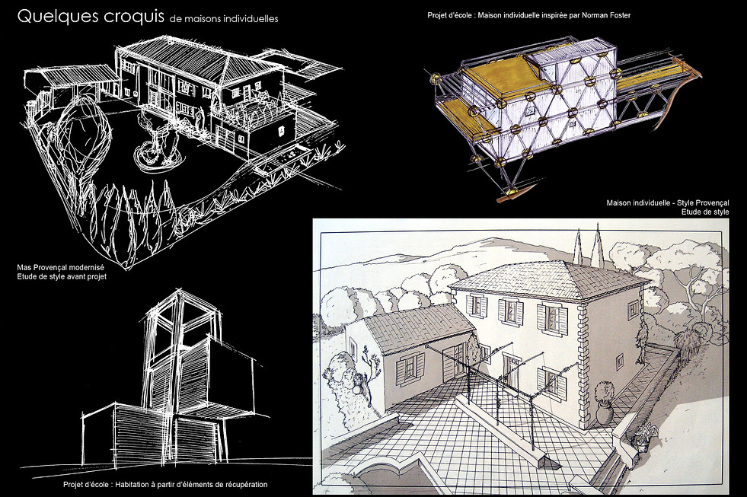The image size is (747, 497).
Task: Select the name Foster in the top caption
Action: tap(618, 15)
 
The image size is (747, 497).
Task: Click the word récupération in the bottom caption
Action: tap(243, 485)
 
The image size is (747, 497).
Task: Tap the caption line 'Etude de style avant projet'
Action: tap(62, 276)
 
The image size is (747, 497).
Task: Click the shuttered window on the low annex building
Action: tap(409, 370)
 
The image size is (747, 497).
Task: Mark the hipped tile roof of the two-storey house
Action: tap(547, 279)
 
